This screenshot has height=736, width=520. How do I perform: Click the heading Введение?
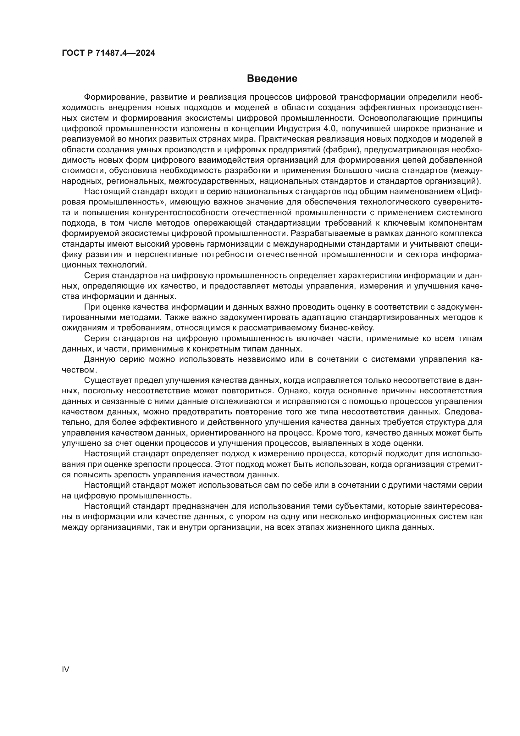pos(272,79)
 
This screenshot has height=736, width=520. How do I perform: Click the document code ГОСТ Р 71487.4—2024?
pos(108,53)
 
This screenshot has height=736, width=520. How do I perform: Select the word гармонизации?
pos(235,244)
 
